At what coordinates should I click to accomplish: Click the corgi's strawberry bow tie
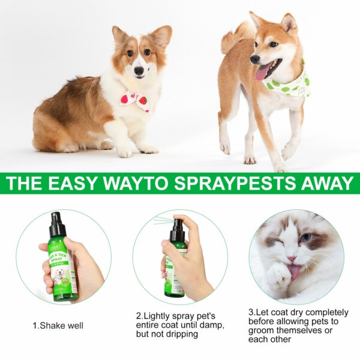tap(135, 100)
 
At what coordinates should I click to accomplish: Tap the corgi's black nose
tap(139, 70)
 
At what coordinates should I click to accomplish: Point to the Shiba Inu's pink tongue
tap(262, 73)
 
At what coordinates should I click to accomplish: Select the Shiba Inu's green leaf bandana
tap(290, 86)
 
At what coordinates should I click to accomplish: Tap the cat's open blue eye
tap(305, 239)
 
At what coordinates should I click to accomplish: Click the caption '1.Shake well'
tap(58, 326)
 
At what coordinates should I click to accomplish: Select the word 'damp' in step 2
tap(212, 325)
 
